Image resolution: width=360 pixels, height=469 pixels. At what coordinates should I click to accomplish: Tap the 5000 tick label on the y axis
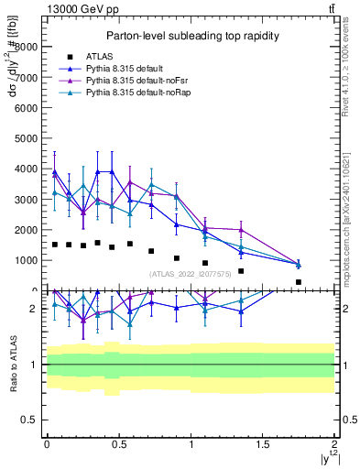coord(27,138)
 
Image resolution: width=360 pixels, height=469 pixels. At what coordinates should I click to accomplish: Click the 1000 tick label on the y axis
coord(27,260)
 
